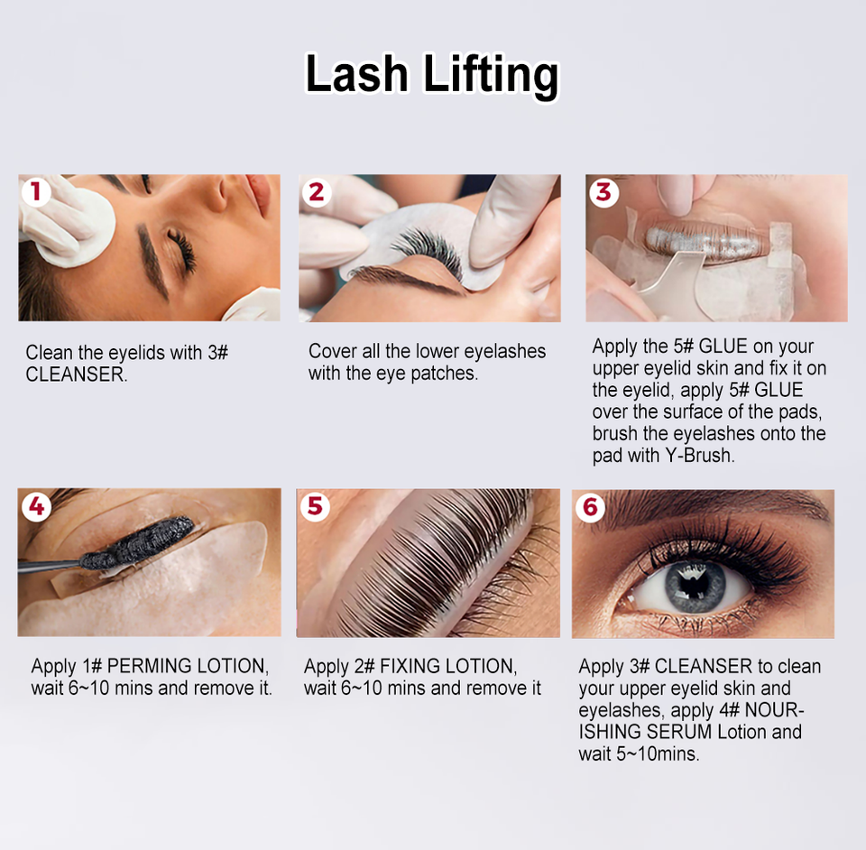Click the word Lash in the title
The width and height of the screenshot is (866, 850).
click(x=357, y=73)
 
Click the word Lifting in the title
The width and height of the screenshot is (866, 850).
click(x=491, y=76)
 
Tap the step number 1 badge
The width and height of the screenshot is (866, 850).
click(x=36, y=192)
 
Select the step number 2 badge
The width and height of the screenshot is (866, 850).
click(x=317, y=193)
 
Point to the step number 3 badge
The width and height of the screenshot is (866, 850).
click(x=603, y=193)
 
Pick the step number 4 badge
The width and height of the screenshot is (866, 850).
click(x=36, y=506)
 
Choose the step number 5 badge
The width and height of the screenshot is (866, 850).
click(x=316, y=506)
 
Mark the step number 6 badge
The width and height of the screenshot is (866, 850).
click(x=590, y=507)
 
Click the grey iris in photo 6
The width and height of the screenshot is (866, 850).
click(x=695, y=586)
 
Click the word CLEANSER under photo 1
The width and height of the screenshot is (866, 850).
click(x=76, y=375)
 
